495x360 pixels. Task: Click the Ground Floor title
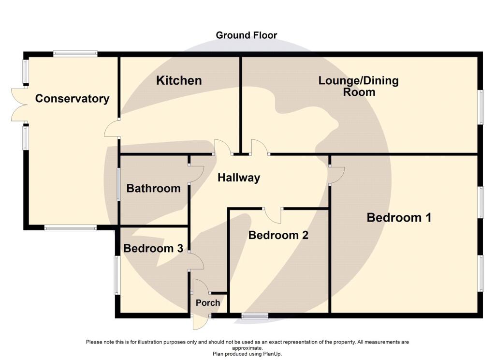pos(246,35)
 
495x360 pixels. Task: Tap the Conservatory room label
pos(72,99)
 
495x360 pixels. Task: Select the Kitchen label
pos(179,80)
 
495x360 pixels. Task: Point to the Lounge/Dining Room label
pos(359,86)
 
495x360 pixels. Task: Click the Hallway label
pos(239,178)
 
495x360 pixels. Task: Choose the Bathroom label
pos(153,188)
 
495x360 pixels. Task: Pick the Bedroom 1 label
pos(399,217)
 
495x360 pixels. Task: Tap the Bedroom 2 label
pos(278,235)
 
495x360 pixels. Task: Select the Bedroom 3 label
pos(153,248)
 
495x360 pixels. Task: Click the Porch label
pos(208,303)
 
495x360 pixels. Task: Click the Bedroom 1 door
pos(337,175)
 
